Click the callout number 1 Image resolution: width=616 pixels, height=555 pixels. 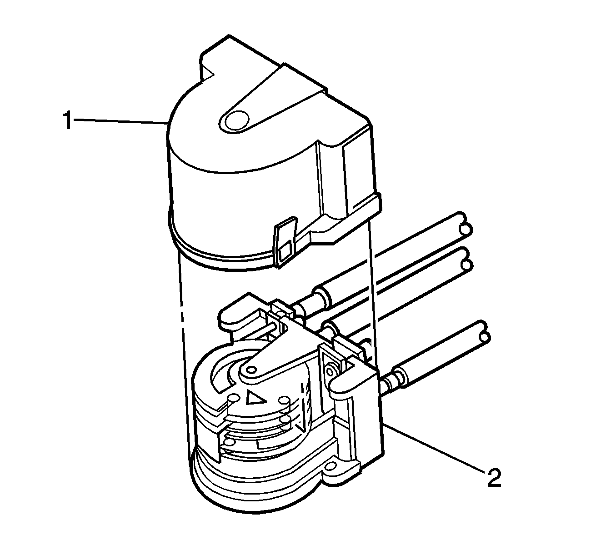click(68, 120)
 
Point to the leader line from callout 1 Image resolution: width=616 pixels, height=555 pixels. click(120, 122)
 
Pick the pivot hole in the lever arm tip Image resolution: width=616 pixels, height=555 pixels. click(252, 370)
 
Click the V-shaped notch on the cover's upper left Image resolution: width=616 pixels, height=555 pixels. click(208, 75)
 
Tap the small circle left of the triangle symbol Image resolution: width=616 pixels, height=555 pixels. click(234, 398)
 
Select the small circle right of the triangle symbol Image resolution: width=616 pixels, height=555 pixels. click(284, 400)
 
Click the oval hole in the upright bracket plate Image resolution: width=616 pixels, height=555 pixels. click(331, 372)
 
